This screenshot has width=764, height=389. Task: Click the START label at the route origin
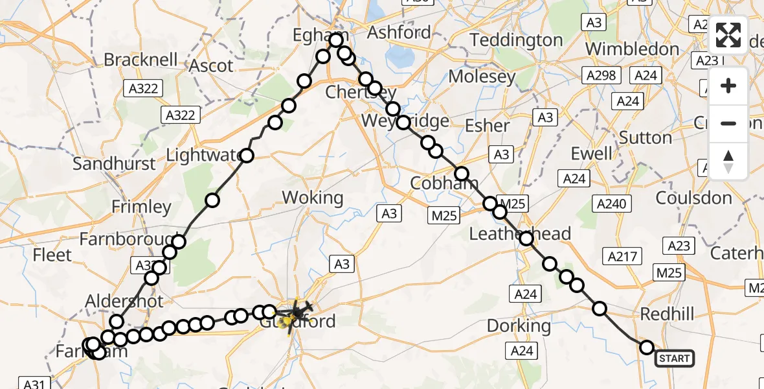[675, 358]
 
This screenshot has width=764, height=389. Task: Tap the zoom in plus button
[728, 86]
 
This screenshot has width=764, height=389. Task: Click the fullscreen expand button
[728, 35]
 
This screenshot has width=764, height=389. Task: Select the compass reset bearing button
[728, 161]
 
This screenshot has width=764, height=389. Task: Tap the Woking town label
[313, 198]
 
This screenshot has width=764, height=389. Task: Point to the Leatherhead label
[520, 233]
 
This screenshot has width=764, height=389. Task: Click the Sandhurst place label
[114, 163]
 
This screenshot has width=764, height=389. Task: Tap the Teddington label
[517, 40]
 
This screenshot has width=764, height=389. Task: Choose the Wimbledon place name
[632, 49]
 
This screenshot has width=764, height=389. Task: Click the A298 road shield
[601, 76]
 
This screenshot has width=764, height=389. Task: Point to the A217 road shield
[620, 256]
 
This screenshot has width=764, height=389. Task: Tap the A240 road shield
[612, 204]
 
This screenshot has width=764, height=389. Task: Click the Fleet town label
[52, 255]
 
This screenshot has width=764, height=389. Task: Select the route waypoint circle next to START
[646, 348]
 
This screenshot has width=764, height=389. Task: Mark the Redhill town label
[666, 314]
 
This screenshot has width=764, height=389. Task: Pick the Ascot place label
[211, 66]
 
